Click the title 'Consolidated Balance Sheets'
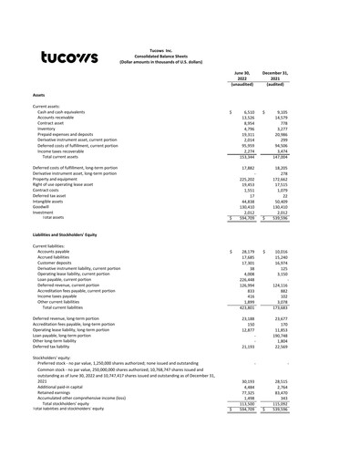click(179, 56)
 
